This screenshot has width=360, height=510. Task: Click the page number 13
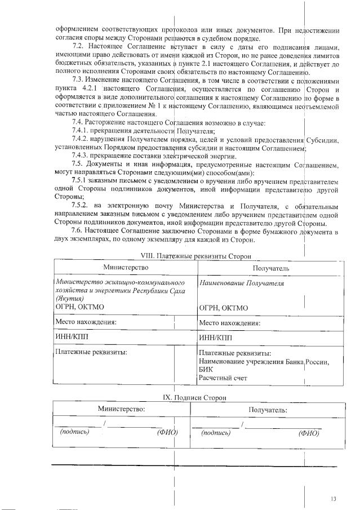tap(334, 499)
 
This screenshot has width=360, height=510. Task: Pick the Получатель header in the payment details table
tap(270, 268)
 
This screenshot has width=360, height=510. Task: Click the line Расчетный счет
tap(223, 378)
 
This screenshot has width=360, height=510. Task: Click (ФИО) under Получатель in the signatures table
tap(309, 433)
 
